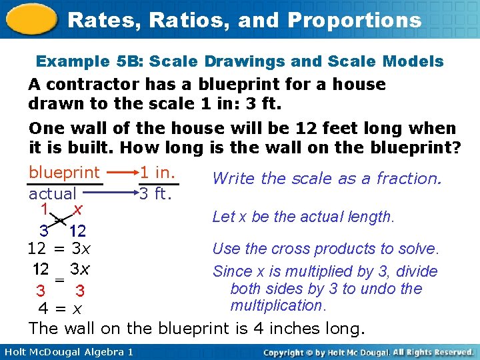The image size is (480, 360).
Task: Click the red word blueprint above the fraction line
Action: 64,173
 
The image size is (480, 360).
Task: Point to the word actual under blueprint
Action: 53,194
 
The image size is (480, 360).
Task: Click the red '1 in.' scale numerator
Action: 158,173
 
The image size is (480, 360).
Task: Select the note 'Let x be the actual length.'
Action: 303,217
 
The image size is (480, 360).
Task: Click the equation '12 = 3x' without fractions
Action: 59,250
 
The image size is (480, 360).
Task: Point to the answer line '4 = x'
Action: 59,309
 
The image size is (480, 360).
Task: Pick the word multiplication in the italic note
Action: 277,306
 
